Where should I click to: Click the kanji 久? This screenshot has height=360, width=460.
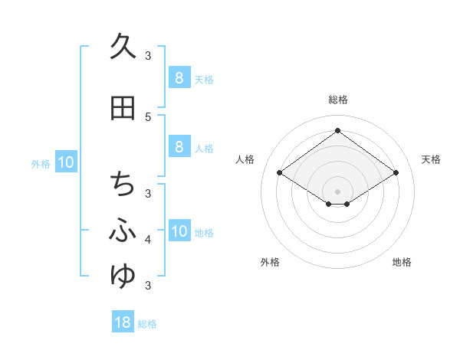click(x=123, y=47)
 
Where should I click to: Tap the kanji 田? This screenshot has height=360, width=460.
click(x=123, y=109)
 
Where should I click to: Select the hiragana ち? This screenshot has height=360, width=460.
click(x=123, y=185)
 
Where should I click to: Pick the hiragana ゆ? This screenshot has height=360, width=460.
click(x=123, y=275)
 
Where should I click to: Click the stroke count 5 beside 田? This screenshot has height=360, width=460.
click(x=148, y=116)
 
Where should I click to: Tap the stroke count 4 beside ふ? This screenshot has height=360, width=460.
click(x=148, y=240)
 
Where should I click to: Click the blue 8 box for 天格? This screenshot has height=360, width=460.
click(x=179, y=78)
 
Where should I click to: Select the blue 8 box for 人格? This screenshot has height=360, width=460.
click(x=179, y=147)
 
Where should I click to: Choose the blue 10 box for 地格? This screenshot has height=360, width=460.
click(x=179, y=231)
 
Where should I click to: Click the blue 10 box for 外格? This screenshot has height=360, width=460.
click(x=66, y=162)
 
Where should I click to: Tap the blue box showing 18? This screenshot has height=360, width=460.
click(x=123, y=322)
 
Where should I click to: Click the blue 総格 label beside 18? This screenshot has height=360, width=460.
click(x=147, y=324)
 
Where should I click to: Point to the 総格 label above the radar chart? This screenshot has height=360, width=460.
click(x=337, y=100)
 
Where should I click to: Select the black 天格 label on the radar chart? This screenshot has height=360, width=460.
click(x=432, y=159)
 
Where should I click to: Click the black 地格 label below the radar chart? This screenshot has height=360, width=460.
click(x=402, y=262)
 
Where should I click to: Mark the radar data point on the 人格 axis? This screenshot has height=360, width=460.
click(x=280, y=173)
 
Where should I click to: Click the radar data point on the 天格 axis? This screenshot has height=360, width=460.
click(x=396, y=173)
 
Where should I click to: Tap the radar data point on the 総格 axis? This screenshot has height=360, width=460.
click(x=337, y=130)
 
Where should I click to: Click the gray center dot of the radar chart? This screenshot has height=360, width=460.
click(x=337, y=191)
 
